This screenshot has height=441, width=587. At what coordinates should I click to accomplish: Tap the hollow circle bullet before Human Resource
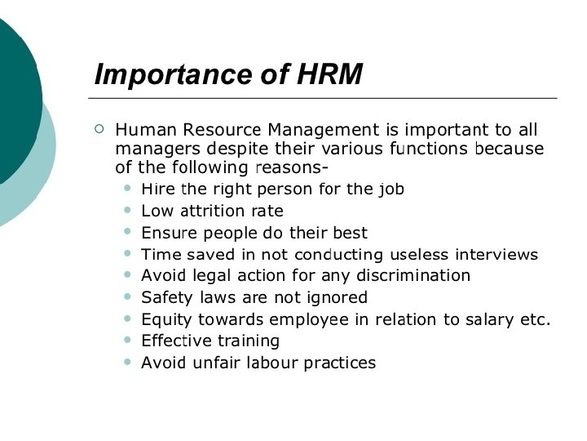[x=99, y=128]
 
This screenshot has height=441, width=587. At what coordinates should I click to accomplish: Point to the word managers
[x=155, y=149]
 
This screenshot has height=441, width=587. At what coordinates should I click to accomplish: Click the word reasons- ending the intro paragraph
[x=291, y=169]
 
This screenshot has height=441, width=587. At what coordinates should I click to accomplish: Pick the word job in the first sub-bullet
[x=391, y=189]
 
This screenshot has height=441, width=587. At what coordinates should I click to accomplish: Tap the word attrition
[x=214, y=212]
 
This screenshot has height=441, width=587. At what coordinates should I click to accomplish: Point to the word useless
[x=419, y=254]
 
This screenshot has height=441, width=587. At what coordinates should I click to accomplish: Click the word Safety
[x=166, y=297]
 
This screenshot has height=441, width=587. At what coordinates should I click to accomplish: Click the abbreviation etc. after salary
[x=536, y=319]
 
